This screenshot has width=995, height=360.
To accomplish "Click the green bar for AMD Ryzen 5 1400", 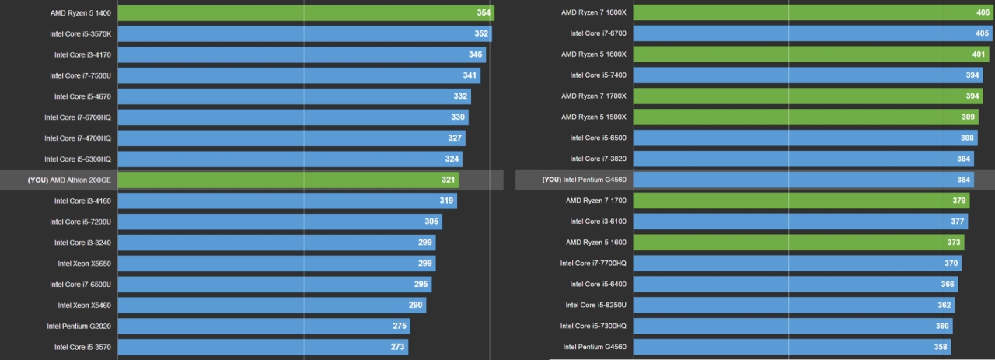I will tap(305, 13).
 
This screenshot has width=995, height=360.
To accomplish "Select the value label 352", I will tap(481, 33).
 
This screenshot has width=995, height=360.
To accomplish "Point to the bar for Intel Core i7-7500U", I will tap(298, 75).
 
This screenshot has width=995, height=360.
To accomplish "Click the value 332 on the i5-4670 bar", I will tap(460, 96).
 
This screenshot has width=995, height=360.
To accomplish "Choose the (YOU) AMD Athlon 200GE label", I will tap(69, 180).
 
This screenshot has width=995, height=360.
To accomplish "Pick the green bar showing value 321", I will tap(288, 180).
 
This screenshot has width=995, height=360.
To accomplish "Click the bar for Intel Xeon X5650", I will tap(276, 264).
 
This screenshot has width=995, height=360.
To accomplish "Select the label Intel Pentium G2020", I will tap(79, 326).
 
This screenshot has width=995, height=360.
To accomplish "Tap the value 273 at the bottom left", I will tap(397, 347).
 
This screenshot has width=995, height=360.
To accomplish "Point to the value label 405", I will tap(981, 33).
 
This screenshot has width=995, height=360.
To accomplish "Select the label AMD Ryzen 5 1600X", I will tap(594, 54).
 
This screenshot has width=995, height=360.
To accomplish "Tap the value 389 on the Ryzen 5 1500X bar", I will tap(969, 117).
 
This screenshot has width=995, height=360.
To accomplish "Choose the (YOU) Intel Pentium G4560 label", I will tap(584, 180).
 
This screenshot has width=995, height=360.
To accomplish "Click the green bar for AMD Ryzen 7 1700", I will tap(801, 201).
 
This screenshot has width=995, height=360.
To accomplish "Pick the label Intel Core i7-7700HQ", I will tap(593, 263).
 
